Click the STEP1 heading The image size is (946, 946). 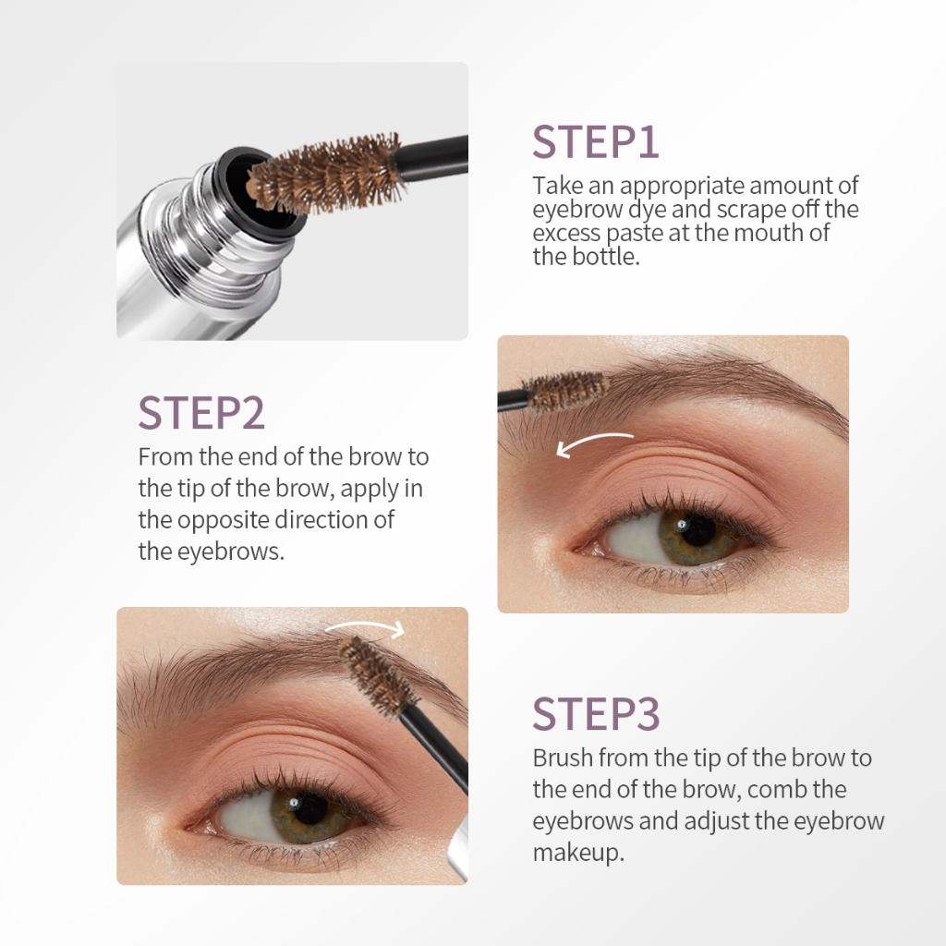(x=595, y=142)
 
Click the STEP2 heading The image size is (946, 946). (x=201, y=413)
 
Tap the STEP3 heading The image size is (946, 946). (x=596, y=714)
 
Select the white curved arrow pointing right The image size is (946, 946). (x=366, y=625)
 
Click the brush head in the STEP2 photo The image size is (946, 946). (x=565, y=391)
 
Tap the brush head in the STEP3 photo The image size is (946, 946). (x=378, y=675)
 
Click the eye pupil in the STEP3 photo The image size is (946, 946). (x=309, y=807)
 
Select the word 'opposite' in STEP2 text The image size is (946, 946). (x=224, y=520)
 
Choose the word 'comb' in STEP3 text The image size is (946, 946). (x=776, y=789)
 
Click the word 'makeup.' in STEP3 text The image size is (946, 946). (x=578, y=853)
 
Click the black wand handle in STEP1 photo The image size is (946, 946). (x=431, y=158)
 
